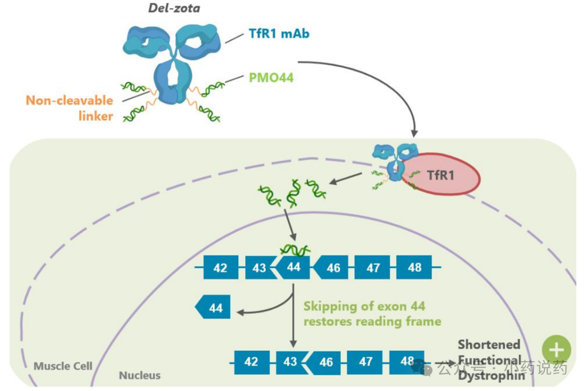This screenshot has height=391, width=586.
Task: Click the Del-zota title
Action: (174, 8)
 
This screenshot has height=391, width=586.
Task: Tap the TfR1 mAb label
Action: (279, 33)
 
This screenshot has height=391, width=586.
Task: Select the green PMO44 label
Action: (271, 77)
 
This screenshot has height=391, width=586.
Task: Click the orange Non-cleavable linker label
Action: (69, 108)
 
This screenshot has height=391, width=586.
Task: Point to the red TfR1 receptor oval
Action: (441, 174)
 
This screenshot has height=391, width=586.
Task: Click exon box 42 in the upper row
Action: (221, 268)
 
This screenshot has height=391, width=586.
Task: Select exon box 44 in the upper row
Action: (293, 267)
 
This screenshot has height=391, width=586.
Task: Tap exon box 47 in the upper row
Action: (372, 268)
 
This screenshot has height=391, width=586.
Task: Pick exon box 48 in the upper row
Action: (414, 267)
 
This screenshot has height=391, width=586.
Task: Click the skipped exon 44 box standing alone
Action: (213, 307)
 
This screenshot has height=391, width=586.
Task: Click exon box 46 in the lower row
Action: (323, 362)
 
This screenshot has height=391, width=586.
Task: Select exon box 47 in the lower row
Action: (365, 362)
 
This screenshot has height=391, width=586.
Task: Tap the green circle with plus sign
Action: (557, 349)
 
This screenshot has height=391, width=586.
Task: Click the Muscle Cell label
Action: (63, 366)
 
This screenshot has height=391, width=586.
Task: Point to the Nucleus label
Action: (140, 375)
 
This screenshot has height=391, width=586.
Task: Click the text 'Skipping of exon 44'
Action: (364, 306)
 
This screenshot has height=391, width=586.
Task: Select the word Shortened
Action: (489, 344)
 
